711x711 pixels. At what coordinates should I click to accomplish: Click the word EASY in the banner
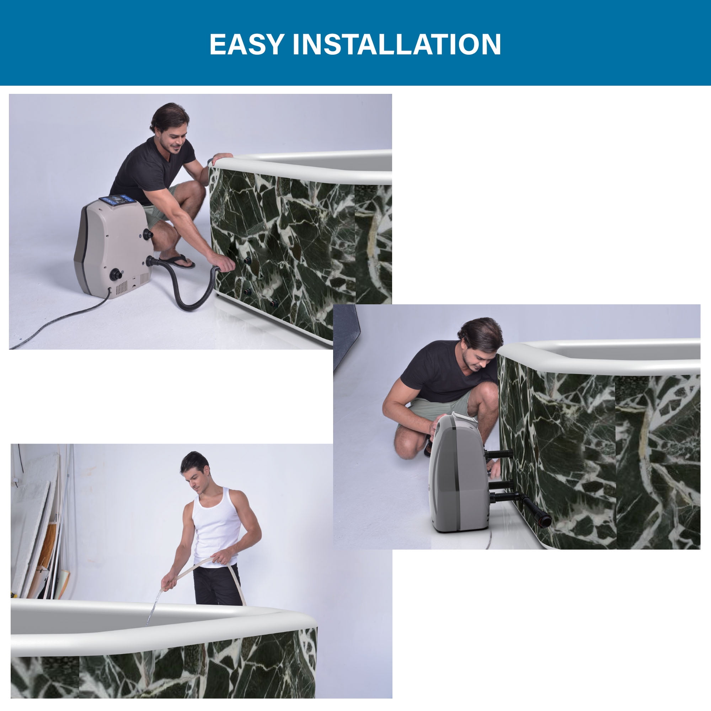(247, 44)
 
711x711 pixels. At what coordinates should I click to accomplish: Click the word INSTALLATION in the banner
(397, 44)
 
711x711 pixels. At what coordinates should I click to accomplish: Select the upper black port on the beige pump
(148, 234)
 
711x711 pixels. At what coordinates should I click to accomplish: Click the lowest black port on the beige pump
(116, 274)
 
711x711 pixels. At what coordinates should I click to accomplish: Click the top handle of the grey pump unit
(464, 417)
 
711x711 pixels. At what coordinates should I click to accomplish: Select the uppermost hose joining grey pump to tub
(499, 454)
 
